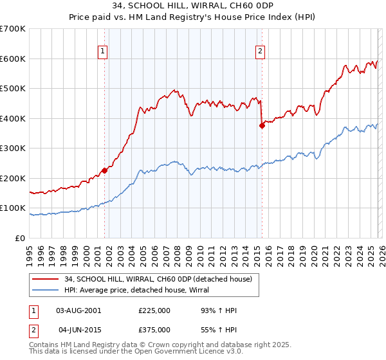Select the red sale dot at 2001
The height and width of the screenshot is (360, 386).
pyautogui.click(x=104, y=170)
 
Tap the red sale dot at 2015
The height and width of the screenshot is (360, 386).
pyautogui.click(x=262, y=126)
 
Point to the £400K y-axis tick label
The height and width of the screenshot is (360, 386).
pyautogui.click(x=12, y=118)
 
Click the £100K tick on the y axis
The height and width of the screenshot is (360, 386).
pyautogui.click(x=12, y=208)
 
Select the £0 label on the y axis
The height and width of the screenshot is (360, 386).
pyautogui.click(x=19, y=238)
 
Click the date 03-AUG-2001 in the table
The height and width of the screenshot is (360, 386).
pyautogui.click(x=78, y=310)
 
